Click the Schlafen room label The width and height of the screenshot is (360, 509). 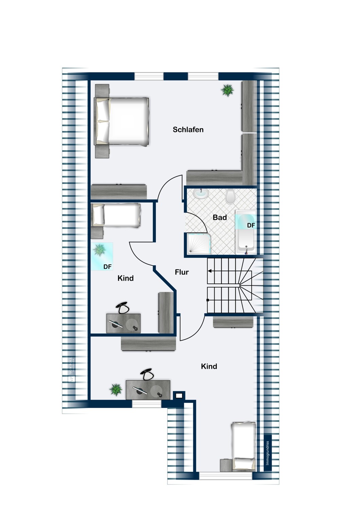pos(188,130)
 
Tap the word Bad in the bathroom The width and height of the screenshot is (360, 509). pos(220,218)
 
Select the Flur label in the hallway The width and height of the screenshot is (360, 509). pos(182,272)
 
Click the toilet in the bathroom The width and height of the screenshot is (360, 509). pos(230,196)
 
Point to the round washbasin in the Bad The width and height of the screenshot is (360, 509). pos(200,194)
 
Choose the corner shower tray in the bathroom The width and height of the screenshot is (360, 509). pos(198,243)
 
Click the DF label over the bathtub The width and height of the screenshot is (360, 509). pos(251,225)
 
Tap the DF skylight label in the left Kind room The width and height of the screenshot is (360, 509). pos(107,267)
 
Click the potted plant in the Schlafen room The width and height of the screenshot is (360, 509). pos(227,90)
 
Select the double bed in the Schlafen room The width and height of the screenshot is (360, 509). pos(122,121)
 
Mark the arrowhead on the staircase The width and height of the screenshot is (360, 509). pos(210,271)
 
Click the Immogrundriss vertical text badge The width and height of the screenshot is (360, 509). pos(268,453)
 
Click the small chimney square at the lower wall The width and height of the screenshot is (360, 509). pos(179,395)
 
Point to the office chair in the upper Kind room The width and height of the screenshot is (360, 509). pos(123,308)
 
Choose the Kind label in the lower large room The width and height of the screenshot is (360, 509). pos(209,366)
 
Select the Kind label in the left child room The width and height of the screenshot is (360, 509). pos(125,278)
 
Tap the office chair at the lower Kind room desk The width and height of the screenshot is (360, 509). pos(148,375)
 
